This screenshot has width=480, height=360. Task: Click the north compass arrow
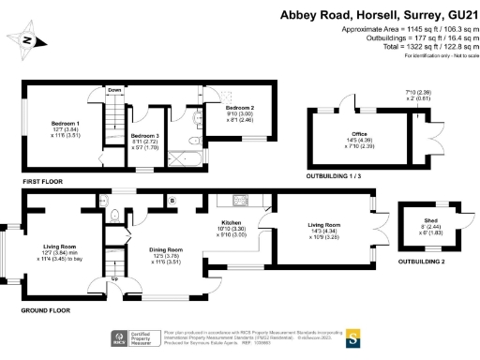click(x=28, y=40)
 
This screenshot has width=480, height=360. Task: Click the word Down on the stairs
click(x=114, y=90)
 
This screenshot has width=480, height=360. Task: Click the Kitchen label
click(x=232, y=223)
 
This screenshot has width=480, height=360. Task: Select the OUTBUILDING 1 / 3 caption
click(x=344, y=175)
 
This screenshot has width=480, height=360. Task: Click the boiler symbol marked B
click(x=172, y=202)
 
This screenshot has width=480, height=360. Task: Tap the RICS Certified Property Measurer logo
click(x=130, y=337)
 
